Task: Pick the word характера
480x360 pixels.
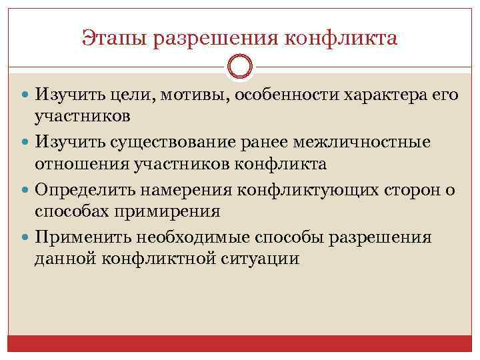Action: pyautogui.click(x=387, y=95)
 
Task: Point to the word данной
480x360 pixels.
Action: pyautogui.click(x=65, y=259)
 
